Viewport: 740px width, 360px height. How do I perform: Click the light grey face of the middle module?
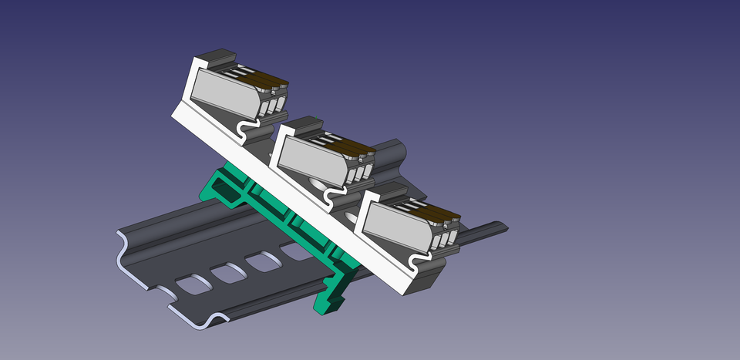pos(312,158)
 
